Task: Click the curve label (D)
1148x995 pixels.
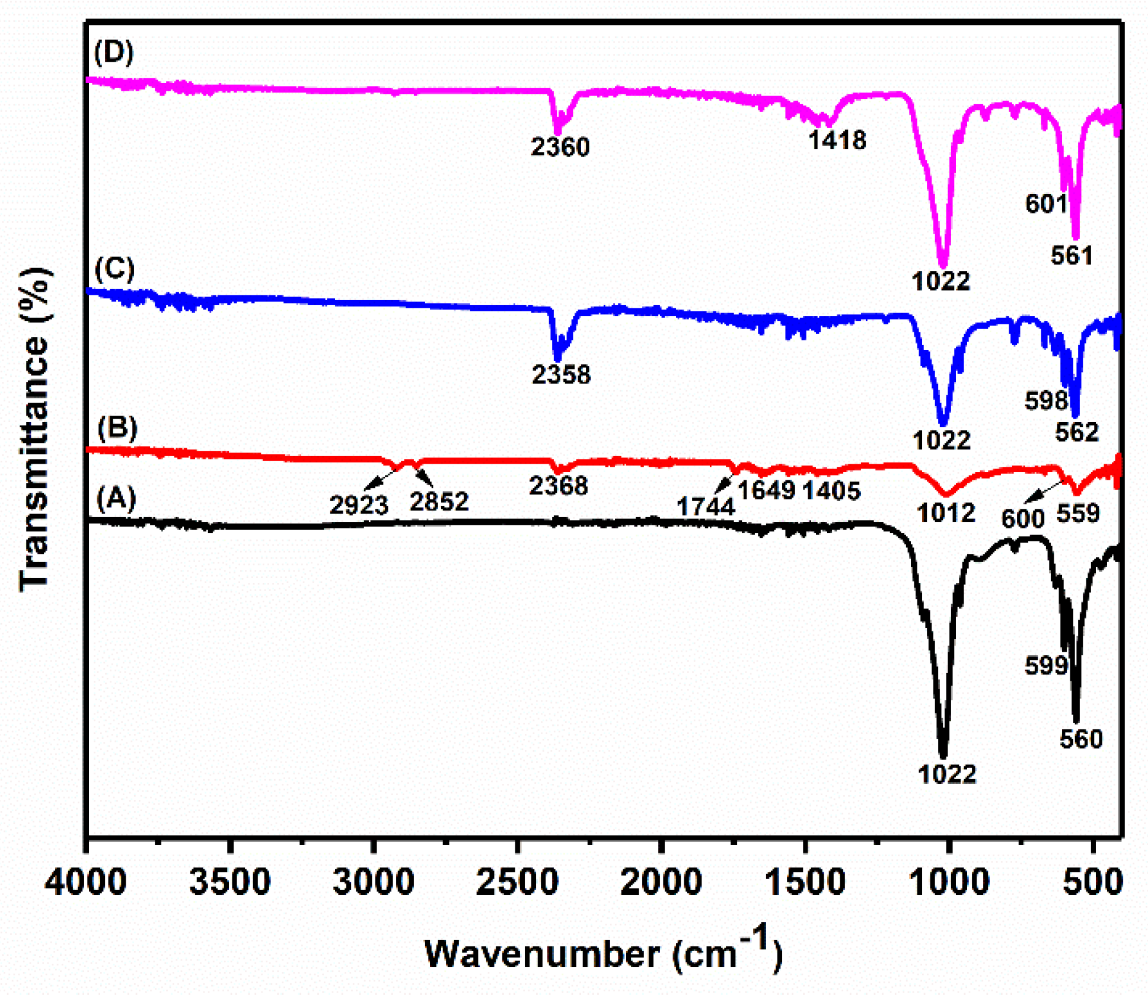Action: pyautogui.click(x=114, y=52)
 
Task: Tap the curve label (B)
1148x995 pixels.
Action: pyautogui.click(x=117, y=428)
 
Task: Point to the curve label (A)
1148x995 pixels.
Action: pyautogui.click(x=116, y=498)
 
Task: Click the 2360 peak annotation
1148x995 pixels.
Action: pyautogui.click(x=560, y=147)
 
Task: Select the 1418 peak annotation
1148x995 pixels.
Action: pyautogui.click(x=837, y=140)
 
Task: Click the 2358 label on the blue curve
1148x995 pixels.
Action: pyautogui.click(x=561, y=374)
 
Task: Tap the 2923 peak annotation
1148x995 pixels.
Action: pyautogui.click(x=359, y=505)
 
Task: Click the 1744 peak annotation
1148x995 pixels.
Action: pyautogui.click(x=706, y=506)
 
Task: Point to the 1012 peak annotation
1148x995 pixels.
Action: pyautogui.click(x=946, y=513)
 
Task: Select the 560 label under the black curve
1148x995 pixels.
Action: pyautogui.click(x=1080, y=739)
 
